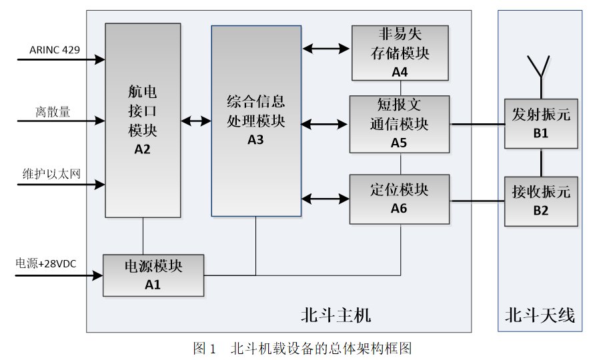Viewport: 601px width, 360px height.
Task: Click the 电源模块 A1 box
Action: point(153,275)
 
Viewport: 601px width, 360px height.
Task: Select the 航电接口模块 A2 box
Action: point(143,120)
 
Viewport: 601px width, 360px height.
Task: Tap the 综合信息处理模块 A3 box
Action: point(255,120)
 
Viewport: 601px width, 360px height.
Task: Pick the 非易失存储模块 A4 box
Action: point(400,53)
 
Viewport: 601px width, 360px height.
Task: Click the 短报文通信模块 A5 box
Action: point(400,123)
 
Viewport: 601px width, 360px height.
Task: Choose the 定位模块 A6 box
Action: point(400,199)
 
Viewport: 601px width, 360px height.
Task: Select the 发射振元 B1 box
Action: point(540,123)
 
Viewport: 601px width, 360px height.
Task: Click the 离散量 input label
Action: point(53,111)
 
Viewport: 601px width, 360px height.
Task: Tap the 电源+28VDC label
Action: point(46,264)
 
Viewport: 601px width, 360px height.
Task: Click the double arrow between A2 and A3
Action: point(196,121)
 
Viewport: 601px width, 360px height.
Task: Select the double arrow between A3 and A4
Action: point(326,48)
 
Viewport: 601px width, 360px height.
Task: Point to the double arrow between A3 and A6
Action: point(326,198)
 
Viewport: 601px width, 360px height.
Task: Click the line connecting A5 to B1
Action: point(477,124)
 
